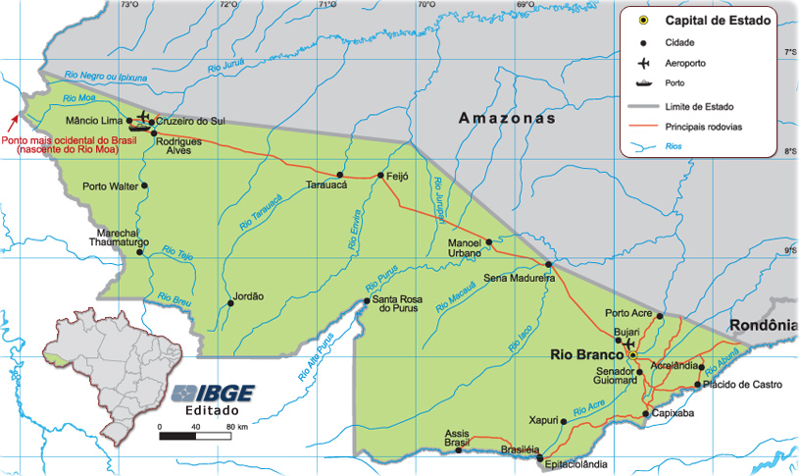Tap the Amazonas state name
506,118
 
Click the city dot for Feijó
380,176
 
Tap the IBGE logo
213,394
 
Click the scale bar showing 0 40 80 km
194,435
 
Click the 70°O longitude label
425,5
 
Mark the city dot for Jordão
230,302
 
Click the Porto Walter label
110,185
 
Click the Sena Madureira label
520,279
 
